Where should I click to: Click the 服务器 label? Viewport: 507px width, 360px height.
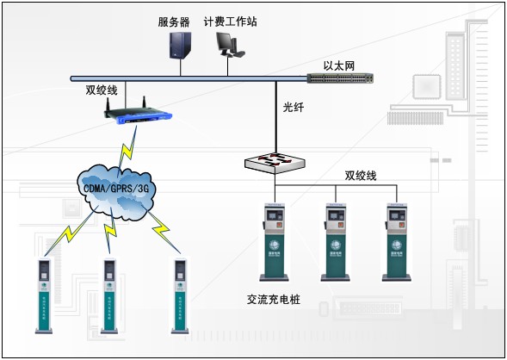(175, 22)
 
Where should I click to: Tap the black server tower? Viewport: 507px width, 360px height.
(179, 45)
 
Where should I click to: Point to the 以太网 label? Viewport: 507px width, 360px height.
(338, 65)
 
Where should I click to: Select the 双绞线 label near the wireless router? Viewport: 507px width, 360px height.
(101, 90)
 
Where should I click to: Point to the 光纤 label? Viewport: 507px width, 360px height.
(294, 109)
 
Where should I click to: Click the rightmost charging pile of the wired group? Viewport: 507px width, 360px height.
(395, 242)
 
